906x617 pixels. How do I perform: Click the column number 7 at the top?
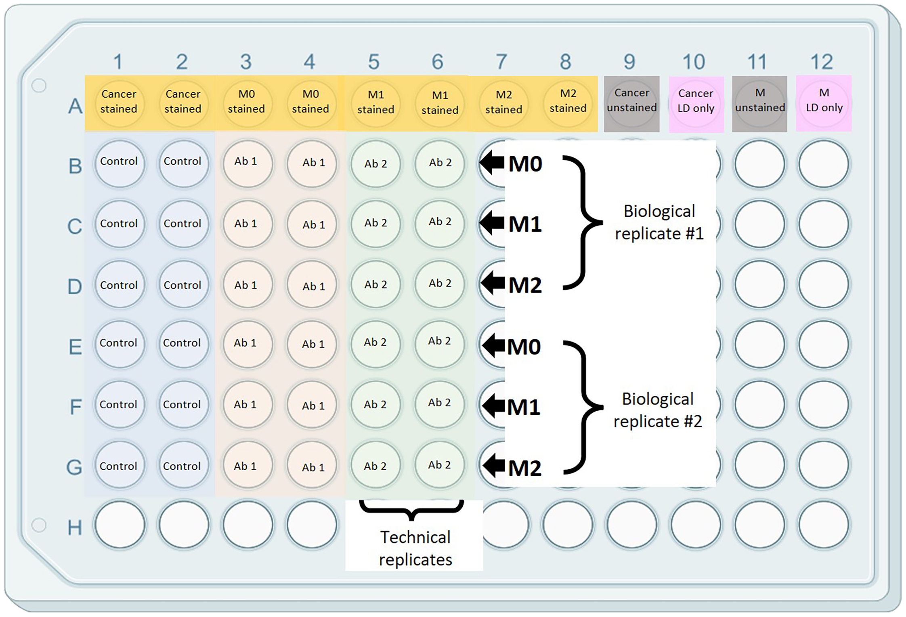click(x=501, y=62)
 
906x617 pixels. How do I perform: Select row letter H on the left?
click(x=75, y=527)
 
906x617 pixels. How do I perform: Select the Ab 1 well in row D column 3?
click(x=247, y=284)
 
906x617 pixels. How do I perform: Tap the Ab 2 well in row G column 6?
click(x=440, y=465)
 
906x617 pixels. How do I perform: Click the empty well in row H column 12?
click(x=824, y=525)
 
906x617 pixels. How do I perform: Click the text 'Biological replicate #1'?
click(x=659, y=222)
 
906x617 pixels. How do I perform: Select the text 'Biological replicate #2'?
click(x=658, y=410)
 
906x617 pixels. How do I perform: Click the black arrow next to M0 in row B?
click(x=492, y=163)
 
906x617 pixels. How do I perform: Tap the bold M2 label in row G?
click(x=524, y=468)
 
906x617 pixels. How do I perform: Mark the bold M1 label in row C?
click(x=525, y=224)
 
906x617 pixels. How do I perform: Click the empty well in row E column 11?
click(x=759, y=344)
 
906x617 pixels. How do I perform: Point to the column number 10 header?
click(x=694, y=62)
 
